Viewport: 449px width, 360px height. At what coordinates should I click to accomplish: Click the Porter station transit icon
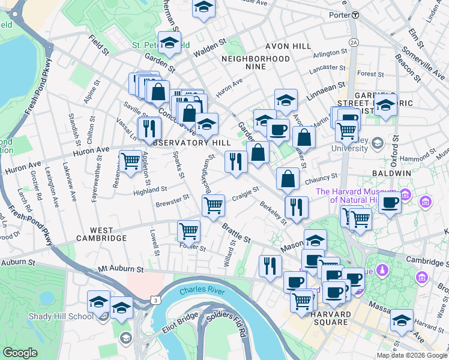(355, 14)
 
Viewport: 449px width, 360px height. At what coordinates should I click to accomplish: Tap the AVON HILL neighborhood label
(286, 46)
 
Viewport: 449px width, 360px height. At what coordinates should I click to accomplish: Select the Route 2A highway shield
(354, 42)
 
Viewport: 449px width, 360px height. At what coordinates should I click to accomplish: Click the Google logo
(20, 353)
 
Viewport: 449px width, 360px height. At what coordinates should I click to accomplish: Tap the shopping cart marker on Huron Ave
(130, 160)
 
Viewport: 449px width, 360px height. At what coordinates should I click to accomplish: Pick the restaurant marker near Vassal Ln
(149, 127)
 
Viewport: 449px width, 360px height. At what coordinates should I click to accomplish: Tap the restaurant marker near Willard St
(270, 265)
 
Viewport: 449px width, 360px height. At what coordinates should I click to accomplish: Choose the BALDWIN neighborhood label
(393, 173)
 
